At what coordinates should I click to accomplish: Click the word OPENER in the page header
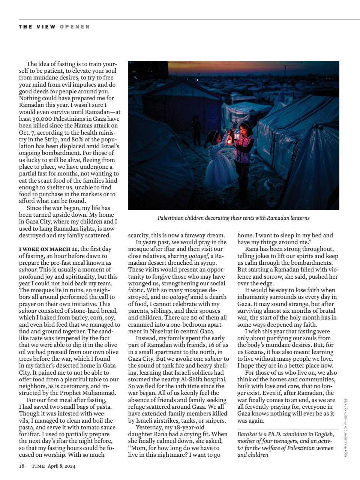pyautogui.click(x=75, y=27)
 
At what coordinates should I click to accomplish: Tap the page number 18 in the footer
pyautogui.click(x=22, y=466)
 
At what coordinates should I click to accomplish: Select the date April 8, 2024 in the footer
pyautogui.click(x=61, y=466)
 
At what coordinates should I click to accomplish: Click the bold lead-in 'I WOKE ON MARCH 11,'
pyautogui.click(x=49, y=249)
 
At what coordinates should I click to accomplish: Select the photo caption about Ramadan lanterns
pyautogui.click(x=233, y=218)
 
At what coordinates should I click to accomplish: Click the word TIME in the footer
pyautogui.click(x=38, y=466)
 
